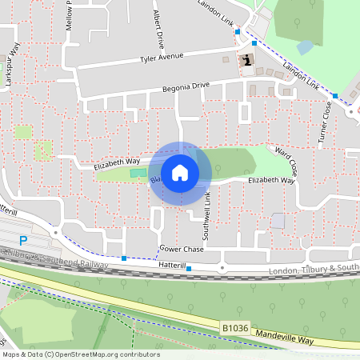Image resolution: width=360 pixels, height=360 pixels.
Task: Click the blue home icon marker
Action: (180, 173)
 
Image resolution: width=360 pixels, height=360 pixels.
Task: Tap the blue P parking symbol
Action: (23, 240)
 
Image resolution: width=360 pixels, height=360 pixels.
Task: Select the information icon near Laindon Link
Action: (247, 60)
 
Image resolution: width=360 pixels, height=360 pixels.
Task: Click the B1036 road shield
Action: (234, 327)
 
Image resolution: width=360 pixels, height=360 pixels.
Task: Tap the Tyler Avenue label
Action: (162, 58)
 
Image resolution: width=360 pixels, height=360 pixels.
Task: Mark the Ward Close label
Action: (286, 161)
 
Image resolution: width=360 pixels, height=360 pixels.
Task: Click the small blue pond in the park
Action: (304, 47)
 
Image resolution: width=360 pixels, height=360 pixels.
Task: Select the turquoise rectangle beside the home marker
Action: (138, 173)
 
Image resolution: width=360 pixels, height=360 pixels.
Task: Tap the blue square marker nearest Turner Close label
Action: (335, 96)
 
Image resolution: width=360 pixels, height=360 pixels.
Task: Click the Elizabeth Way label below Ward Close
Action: (271, 182)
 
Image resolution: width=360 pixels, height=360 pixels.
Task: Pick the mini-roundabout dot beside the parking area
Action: (55, 233)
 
